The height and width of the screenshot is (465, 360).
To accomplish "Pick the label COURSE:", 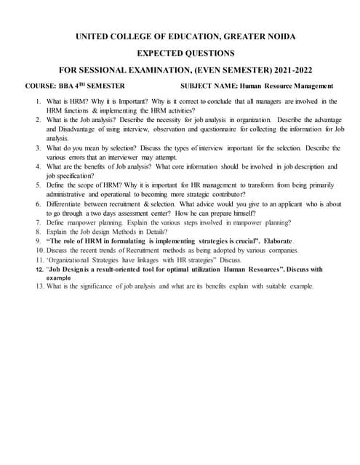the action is (x=41, y=86).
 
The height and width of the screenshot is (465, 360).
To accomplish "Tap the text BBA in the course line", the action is (x=68, y=86).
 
